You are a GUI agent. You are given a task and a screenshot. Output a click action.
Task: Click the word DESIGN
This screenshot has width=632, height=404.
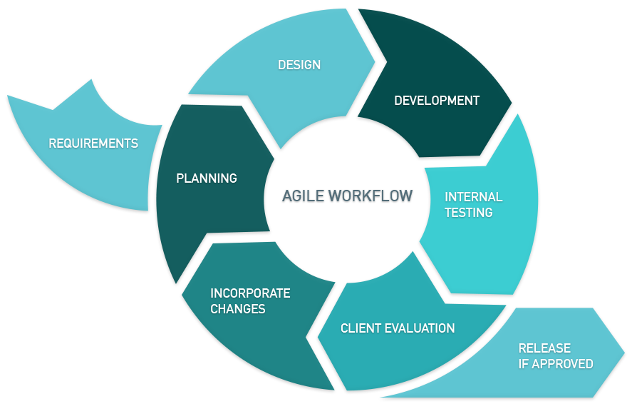(299, 65)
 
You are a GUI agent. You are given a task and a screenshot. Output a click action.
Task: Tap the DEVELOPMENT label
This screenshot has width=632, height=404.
(437, 101)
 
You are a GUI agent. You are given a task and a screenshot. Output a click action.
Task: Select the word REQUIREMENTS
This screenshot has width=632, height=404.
(93, 143)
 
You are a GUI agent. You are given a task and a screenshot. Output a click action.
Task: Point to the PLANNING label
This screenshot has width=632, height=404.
(207, 178)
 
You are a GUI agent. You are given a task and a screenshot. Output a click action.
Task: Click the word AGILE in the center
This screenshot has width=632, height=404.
(304, 196)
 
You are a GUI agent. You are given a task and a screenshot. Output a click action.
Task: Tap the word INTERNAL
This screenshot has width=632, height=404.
(473, 197)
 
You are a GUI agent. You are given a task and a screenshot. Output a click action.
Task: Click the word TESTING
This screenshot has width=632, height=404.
(468, 212)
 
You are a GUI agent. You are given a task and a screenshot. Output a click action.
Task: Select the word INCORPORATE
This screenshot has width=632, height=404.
(250, 293)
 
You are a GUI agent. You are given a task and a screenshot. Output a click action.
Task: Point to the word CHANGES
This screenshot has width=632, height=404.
(238, 309)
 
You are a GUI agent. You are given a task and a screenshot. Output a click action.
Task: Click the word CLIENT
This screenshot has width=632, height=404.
(361, 328)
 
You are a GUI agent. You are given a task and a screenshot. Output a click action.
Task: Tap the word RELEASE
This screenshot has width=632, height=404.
(544, 348)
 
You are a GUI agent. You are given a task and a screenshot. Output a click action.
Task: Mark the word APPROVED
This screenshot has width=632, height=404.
(563, 364)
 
